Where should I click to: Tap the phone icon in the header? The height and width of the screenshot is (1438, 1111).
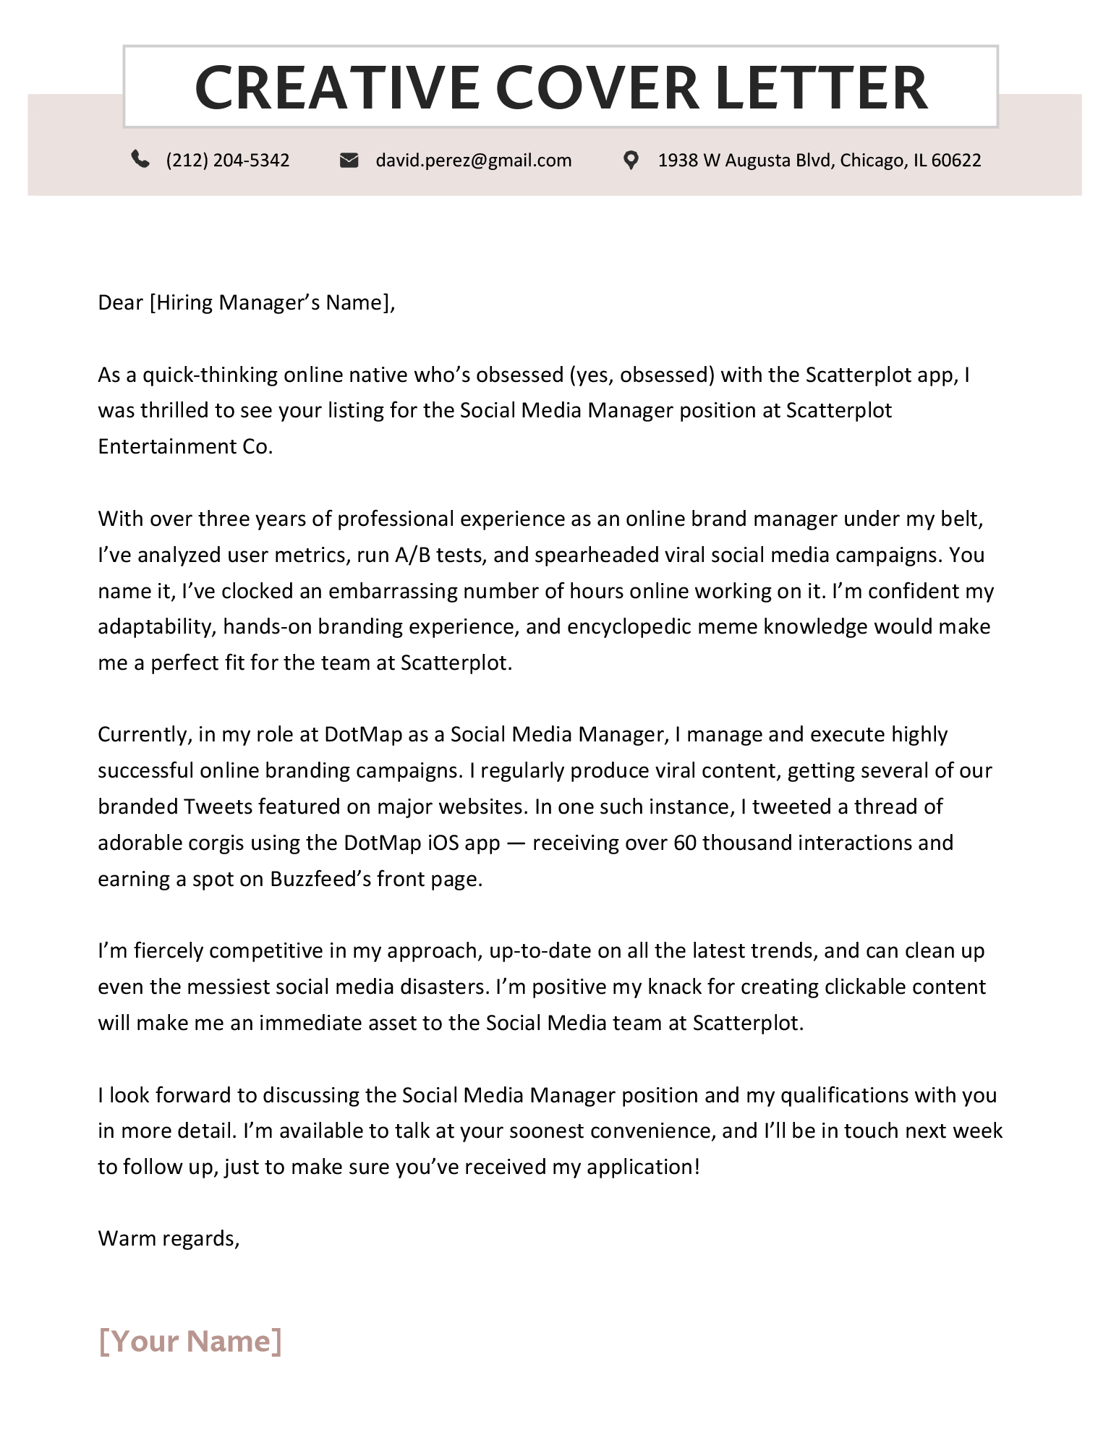140,159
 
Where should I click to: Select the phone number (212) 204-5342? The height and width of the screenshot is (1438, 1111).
228,160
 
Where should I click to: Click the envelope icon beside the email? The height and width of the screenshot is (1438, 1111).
349,160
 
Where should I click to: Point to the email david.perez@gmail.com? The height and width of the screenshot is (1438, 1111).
474,160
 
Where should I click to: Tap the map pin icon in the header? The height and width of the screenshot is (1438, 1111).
631,160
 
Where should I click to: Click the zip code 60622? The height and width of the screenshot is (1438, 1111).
956,160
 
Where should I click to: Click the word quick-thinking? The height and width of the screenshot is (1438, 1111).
210,375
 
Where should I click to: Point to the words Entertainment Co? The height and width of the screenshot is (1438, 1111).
185,446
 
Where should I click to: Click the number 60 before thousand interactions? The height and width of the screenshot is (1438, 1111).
684,843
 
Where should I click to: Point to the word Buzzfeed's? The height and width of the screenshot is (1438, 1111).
320,879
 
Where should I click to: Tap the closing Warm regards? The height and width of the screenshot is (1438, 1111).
169,1238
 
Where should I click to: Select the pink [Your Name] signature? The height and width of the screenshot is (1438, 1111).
190,1340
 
